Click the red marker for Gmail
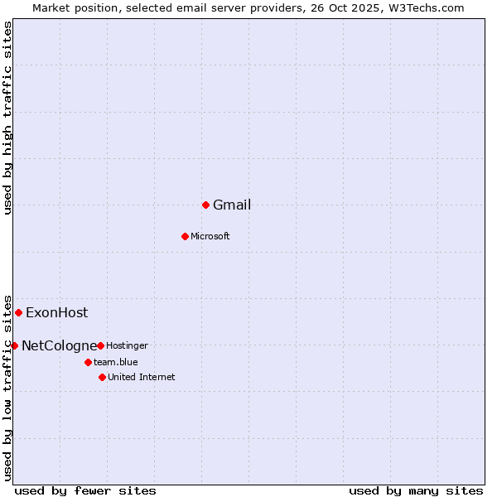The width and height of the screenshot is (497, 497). click(x=205, y=205)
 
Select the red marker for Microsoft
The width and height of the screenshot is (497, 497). click(x=185, y=236)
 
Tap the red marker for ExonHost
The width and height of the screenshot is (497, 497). click(x=18, y=312)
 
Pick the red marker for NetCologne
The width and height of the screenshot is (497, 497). click(x=14, y=345)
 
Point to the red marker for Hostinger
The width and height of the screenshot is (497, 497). click(x=100, y=345)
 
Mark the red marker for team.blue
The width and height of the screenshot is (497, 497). click(x=88, y=362)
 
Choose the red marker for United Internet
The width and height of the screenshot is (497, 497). click(x=102, y=377)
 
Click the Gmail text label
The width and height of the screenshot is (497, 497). click(x=232, y=205)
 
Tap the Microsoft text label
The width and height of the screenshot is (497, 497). click(x=210, y=237)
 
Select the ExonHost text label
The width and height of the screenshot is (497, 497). click(x=56, y=313)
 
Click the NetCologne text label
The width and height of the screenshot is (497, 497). click(x=59, y=346)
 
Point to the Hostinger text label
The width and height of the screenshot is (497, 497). click(x=127, y=345)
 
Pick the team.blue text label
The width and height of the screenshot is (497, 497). click(x=116, y=362)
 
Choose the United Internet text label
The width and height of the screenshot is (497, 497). click(x=142, y=378)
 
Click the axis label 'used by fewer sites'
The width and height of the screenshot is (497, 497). click(x=85, y=490)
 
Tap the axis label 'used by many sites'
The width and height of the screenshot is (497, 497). click(x=416, y=490)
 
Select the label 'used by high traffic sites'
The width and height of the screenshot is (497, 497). click(x=8, y=118)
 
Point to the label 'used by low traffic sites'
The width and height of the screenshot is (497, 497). click(x=8, y=387)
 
